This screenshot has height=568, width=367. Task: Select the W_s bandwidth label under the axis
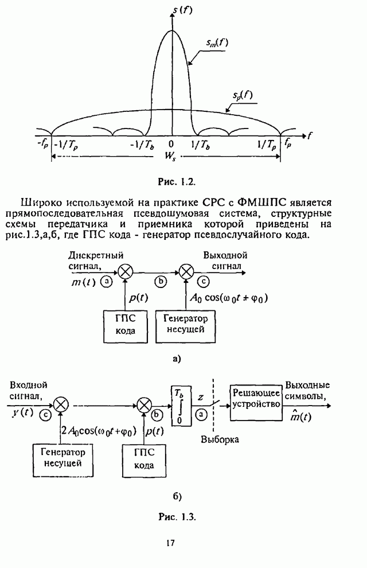click(x=171, y=155)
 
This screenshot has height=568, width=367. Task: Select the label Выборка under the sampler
click(x=220, y=439)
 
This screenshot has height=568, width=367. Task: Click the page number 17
click(x=170, y=542)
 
